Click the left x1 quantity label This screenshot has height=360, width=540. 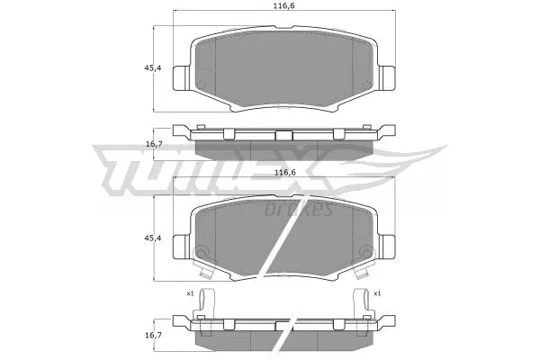[x=190, y=293]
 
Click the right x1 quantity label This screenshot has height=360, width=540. [x=377, y=293]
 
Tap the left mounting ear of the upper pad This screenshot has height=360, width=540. [x=181, y=78]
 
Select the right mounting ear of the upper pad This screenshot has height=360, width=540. [x=388, y=78]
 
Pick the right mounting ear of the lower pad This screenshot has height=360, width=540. [x=388, y=246]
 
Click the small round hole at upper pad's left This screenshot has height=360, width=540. [x=202, y=87]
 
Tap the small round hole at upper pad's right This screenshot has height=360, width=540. [x=366, y=87]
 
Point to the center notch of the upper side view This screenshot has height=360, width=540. [x=284, y=135]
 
